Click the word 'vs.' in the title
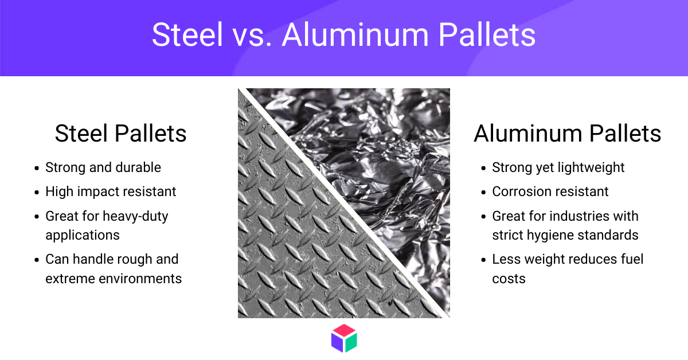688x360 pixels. [252, 34]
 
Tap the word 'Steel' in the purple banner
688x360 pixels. [187, 34]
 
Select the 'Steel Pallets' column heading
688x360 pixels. [121, 134]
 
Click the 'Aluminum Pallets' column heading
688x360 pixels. [567, 134]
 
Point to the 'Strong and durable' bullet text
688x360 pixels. [103, 167]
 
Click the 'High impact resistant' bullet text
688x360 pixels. [111, 191]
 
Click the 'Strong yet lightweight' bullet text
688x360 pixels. [558, 168]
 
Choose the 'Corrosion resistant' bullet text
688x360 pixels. [550, 191]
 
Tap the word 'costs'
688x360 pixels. [509, 279]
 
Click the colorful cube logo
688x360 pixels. [344, 338]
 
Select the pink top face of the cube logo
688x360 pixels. [344, 331]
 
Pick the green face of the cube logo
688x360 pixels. [351, 342]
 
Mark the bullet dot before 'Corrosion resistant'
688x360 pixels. [484, 193]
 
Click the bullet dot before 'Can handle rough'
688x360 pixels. [37, 260]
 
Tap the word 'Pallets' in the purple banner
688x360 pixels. [487, 34]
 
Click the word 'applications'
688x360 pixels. [83, 236]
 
